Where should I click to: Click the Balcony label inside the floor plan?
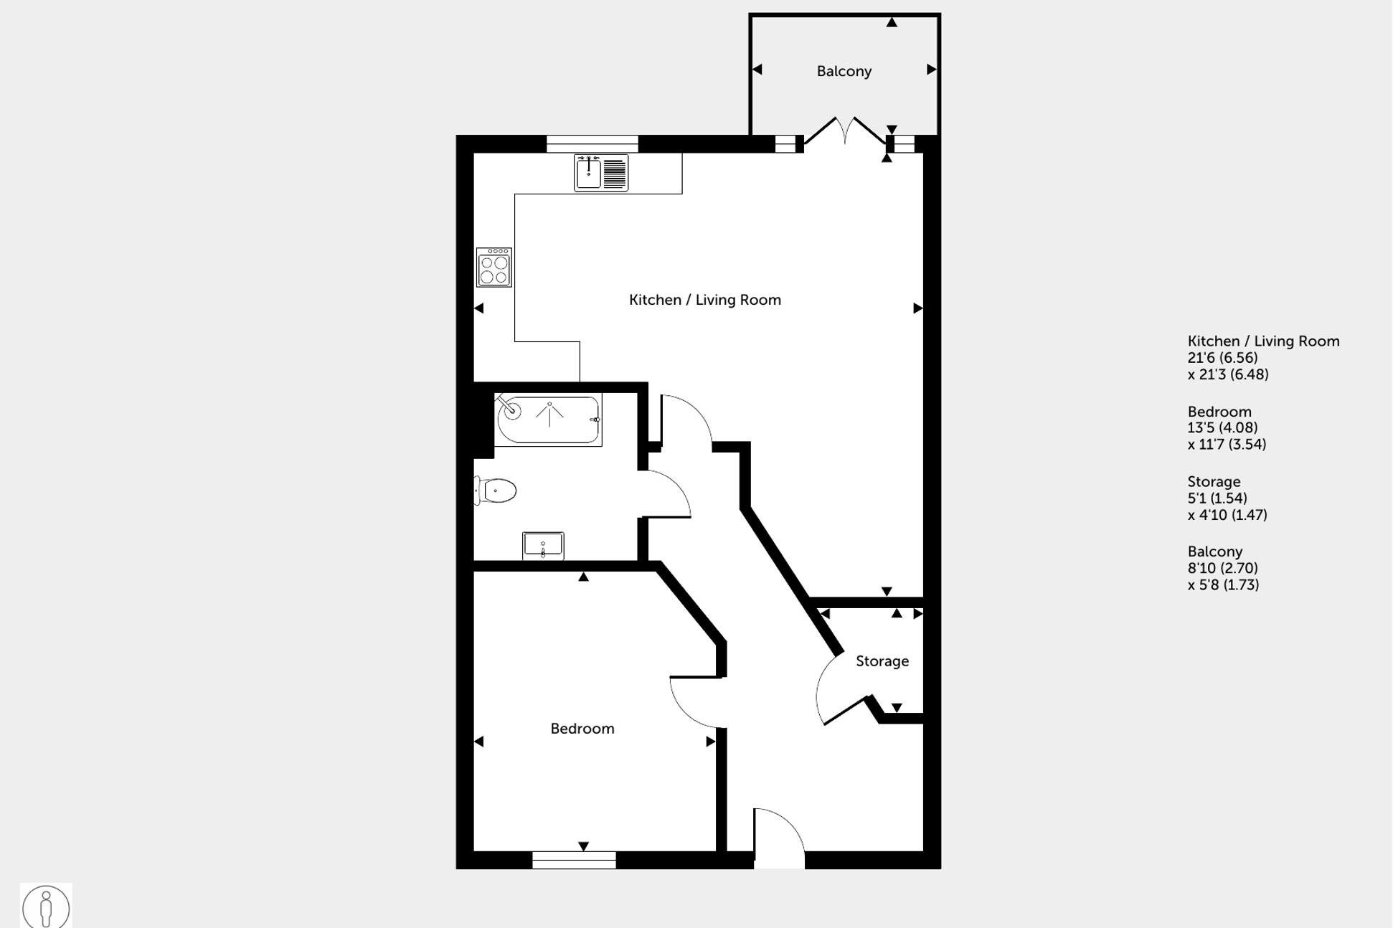click(844, 71)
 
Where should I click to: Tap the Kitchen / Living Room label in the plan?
click(704, 300)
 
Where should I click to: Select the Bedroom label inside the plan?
click(582, 729)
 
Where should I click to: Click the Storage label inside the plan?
click(882, 661)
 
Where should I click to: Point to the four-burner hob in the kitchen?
click(494, 267)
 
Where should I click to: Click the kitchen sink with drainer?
click(601, 173)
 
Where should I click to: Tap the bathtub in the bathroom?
click(549, 420)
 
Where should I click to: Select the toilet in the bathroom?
click(496, 491)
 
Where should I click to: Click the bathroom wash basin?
click(543, 546)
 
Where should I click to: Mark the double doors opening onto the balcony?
click(845, 133)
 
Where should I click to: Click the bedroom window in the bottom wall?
click(574, 860)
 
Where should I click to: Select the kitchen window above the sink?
click(592, 143)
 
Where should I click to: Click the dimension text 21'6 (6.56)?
click(1222, 358)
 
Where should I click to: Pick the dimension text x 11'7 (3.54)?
click(1227, 445)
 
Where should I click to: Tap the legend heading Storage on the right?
click(1214, 482)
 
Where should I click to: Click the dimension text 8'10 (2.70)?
click(1222, 568)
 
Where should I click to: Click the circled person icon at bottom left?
click(46, 906)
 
